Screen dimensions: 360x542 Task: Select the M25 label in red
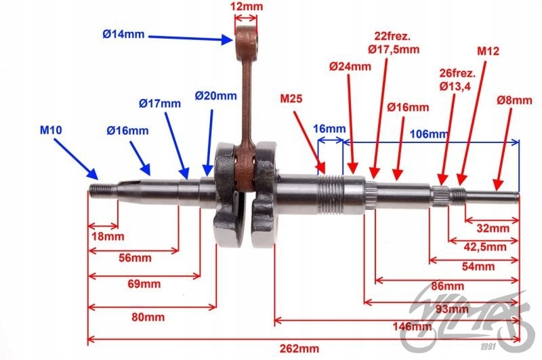[293, 99]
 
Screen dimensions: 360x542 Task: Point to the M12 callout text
[488, 51]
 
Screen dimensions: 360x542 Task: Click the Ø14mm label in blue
[123, 34]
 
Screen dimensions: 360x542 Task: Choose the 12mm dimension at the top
[247, 7]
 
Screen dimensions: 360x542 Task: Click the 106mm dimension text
[429, 134]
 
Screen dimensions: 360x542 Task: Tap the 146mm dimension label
[412, 327]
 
